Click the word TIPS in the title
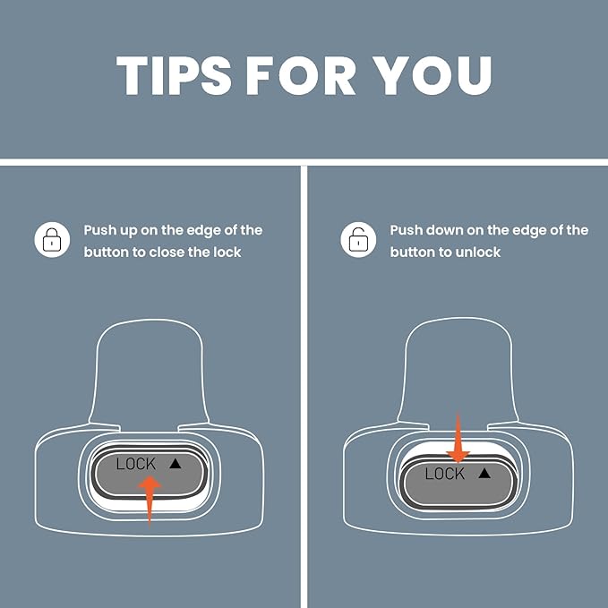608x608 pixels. coord(174,75)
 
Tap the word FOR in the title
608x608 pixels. coord(301,75)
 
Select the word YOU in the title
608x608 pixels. coord(432,75)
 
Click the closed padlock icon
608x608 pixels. coord(52,240)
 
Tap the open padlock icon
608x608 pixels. coord(358,240)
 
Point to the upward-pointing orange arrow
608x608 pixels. coord(150,501)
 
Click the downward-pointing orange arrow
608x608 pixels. coord(458,438)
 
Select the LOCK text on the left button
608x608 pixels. coord(136,464)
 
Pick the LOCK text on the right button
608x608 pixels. coord(444,474)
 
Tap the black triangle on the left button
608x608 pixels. coord(176,463)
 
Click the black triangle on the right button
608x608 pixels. coord(484,473)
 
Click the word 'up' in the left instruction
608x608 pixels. coord(128,231)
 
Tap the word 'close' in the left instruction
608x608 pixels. coord(167,252)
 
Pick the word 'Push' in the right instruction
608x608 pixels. coord(406,230)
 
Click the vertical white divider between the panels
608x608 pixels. coord(304,387)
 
